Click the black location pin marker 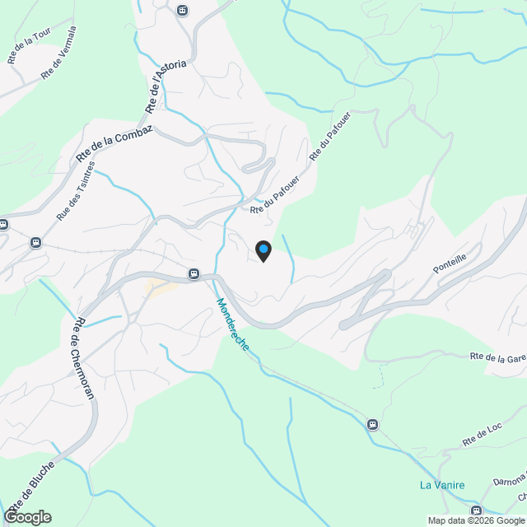tap(263, 250)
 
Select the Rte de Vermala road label tap(59, 53)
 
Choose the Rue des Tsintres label tap(76, 190)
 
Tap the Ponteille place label tap(450, 263)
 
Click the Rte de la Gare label tap(498, 357)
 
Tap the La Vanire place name tap(442, 485)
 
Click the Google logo tap(26, 517)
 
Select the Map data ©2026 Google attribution tap(476, 520)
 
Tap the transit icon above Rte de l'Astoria tap(182, 11)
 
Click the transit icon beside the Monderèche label tap(194, 273)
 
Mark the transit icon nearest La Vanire tap(373, 424)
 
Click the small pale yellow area tap(161, 287)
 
